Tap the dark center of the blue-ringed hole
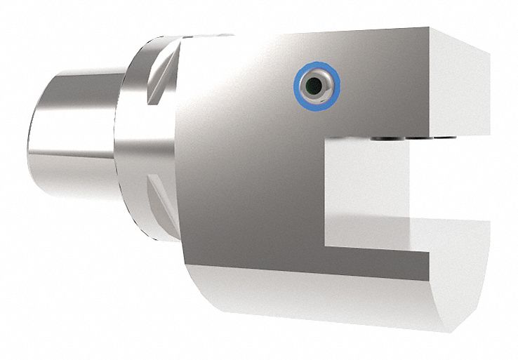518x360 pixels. [316, 86]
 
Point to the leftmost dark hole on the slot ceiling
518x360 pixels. [380, 139]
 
